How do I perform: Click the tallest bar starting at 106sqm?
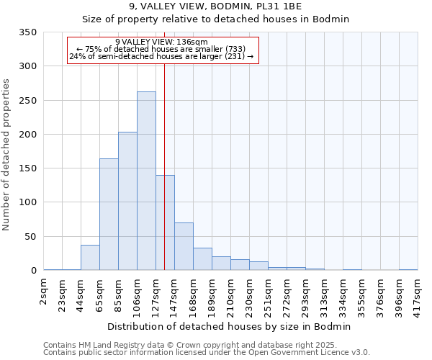tap(146, 181)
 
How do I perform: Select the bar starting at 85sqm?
tap(127, 201)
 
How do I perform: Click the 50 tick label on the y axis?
tap(30, 237)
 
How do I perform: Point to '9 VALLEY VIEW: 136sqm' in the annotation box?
tap(161, 42)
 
